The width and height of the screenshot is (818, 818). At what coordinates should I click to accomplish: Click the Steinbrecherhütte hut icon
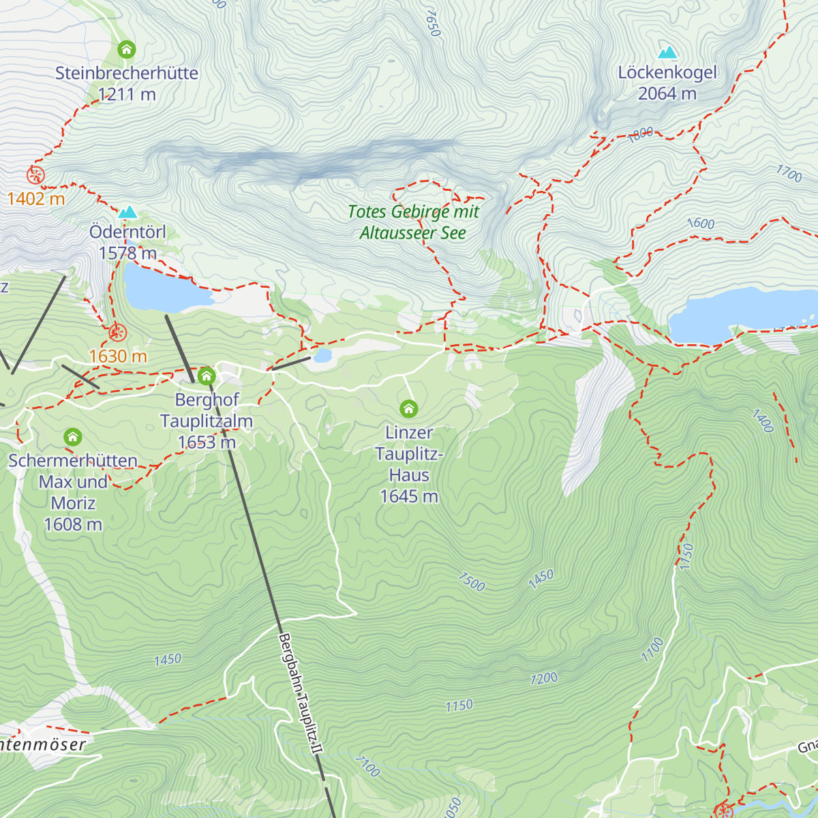[x=126, y=49]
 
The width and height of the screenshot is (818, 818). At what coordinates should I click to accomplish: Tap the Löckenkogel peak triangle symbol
[x=667, y=52]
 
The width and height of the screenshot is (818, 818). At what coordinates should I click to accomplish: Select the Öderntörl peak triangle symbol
[x=127, y=213]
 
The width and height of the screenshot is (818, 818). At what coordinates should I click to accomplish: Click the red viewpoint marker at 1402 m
[x=35, y=175]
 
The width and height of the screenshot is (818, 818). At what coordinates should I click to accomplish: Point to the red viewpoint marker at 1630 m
[x=117, y=333]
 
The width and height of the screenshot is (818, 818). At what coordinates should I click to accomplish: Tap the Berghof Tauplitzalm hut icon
[x=207, y=376]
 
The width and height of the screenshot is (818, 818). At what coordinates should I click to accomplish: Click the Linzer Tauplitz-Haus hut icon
[x=408, y=408]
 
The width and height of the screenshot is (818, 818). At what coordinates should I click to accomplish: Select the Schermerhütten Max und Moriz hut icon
[x=73, y=436]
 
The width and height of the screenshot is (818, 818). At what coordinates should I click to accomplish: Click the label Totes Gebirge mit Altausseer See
[x=413, y=222]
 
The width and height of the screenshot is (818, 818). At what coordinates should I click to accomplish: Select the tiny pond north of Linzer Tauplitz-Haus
[x=322, y=356]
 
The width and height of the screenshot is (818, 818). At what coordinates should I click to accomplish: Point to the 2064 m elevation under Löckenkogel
[x=667, y=94]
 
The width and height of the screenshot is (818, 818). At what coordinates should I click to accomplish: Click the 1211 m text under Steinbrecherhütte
[x=127, y=95]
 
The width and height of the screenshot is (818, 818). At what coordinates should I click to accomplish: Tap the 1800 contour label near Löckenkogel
[x=640, y=134]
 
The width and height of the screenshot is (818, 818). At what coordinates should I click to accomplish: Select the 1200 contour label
[x=544, y=678]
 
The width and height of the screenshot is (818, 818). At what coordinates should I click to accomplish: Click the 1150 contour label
[x=459, y=706]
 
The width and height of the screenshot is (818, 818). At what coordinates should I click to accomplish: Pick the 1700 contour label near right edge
[x=789, y=173]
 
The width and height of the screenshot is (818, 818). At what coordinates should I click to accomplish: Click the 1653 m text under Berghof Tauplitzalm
[x=207, y=442]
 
